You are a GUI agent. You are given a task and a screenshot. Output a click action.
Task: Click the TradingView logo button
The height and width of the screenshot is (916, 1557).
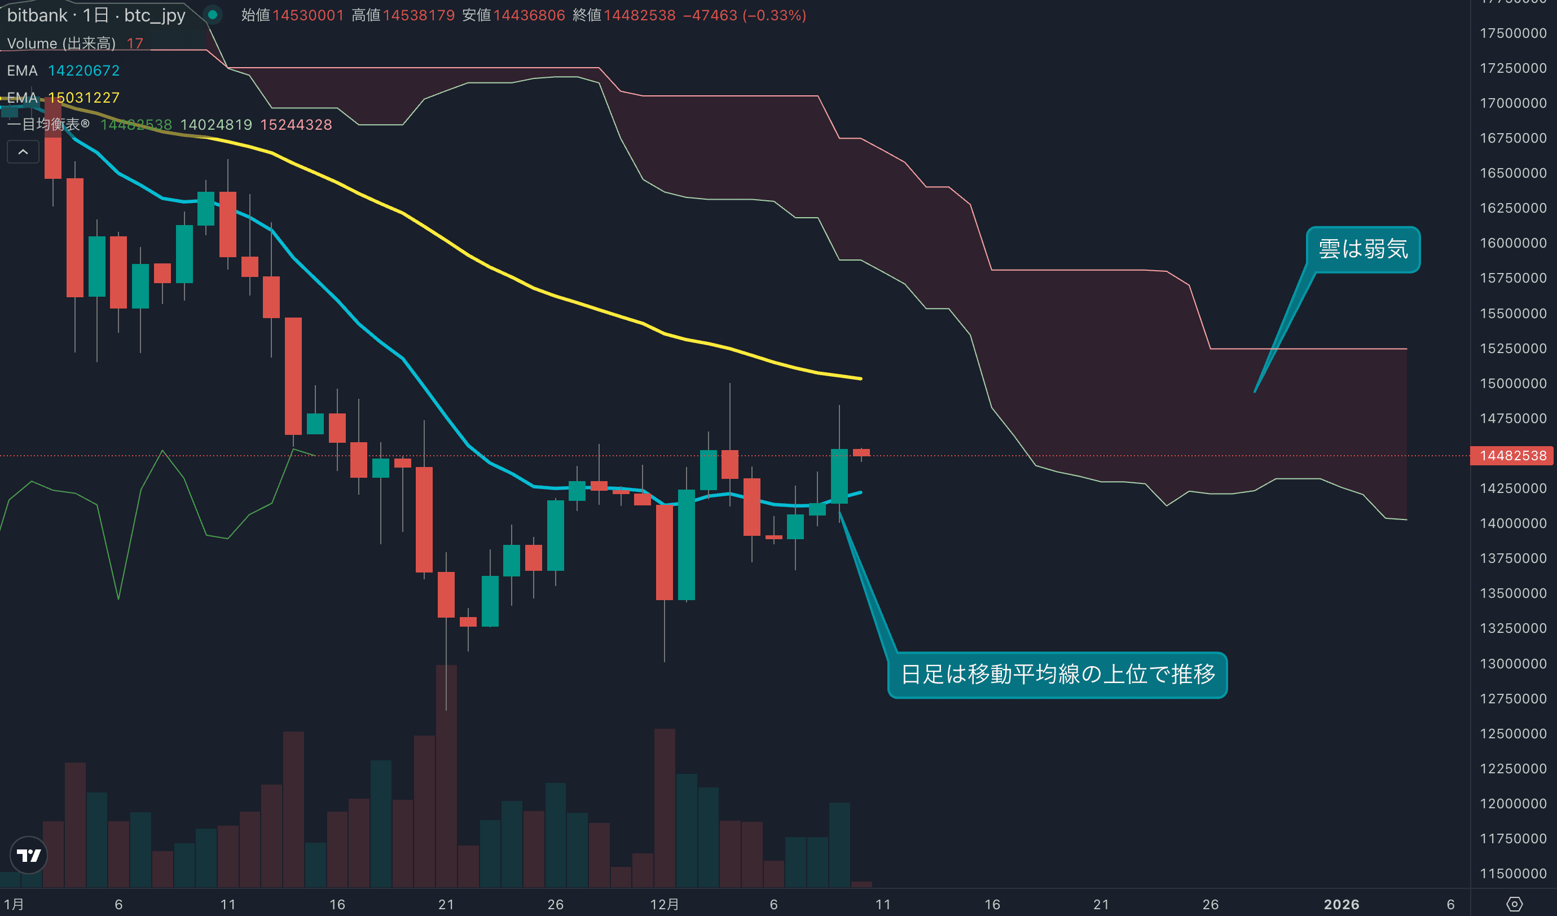(28, 855)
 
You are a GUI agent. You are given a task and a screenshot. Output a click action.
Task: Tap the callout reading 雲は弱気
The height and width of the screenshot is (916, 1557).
(1362, 249)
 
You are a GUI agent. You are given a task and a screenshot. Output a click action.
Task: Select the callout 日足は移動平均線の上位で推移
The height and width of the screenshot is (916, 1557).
(1057, 675)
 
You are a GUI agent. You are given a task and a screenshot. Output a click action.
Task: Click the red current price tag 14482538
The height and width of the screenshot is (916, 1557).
(1512, 456)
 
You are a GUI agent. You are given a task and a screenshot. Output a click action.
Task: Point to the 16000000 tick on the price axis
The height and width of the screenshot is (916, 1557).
(1512, 243)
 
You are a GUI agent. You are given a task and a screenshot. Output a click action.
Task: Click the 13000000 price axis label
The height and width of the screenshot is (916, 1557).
(1512, 664)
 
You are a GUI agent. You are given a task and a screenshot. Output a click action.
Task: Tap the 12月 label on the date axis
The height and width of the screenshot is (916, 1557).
(664, 904)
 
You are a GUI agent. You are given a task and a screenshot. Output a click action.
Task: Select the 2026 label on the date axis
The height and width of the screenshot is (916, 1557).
(1342, 904)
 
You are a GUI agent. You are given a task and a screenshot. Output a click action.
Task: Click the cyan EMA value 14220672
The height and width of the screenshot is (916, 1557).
(83, 71)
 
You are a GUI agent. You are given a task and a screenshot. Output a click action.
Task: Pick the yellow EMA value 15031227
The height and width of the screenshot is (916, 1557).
(83, 98)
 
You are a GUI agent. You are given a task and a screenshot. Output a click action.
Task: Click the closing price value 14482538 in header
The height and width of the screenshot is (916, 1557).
(640, 15)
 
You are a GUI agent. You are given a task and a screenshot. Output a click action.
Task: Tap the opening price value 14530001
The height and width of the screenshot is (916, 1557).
(307, 15)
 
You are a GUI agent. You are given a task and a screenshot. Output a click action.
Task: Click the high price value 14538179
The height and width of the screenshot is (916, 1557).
(418, 15)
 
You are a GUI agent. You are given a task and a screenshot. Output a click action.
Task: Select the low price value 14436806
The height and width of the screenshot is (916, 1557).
(529, 15)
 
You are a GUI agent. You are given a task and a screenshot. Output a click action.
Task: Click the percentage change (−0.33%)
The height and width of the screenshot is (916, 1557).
(774, 15)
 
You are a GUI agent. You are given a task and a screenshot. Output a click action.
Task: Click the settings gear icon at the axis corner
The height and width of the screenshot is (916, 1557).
(1514, 904)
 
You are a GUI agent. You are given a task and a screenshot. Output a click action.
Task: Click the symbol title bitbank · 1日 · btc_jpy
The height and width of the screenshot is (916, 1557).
(96, 15)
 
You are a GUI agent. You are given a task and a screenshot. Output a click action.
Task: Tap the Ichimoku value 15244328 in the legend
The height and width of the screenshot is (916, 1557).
(296, 125)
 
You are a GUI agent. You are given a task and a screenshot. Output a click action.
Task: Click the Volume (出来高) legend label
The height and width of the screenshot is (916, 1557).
(61, 43)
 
